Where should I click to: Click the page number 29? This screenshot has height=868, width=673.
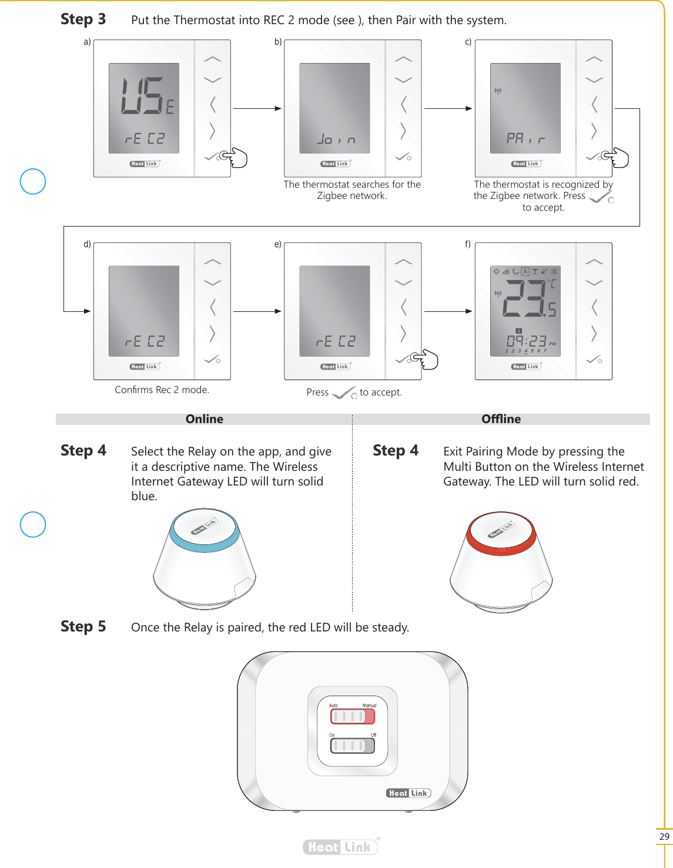click(x=664, y=836)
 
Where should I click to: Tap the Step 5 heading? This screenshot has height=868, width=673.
click(x=83, y=627)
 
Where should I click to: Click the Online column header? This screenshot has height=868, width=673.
click(x=204, y=419)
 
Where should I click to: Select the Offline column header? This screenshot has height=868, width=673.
click(x=501, y=419)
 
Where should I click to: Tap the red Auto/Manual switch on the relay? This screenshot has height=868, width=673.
click(x=352, y=716)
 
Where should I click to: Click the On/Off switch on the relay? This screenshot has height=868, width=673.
click(x=352, y=746)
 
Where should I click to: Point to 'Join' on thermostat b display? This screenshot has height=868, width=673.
click(x=336, y=139)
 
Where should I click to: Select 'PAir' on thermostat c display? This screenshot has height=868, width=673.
click(x=525, y=139)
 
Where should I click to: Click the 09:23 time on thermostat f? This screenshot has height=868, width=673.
click(x=527, y=341)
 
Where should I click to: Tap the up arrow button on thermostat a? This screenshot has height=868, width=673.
click(x=212, y=59)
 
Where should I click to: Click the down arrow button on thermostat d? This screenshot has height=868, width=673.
click(x=212, y=282)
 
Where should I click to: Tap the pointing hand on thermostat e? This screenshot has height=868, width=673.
click(x=426, y=360)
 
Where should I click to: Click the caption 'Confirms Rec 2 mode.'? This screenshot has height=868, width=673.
click(x=162, y=390)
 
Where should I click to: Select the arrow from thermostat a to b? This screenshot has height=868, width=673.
click(x=257, y=108)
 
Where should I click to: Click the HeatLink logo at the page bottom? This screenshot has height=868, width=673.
click(x=340, y=847)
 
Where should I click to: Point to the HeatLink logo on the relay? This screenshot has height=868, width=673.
click(x=409, y=793)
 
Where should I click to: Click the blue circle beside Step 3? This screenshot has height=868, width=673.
click(x=33, y=181)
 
